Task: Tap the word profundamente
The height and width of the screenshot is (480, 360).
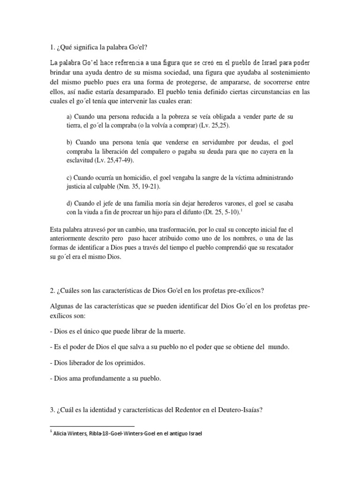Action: click(x=103, y=379)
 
